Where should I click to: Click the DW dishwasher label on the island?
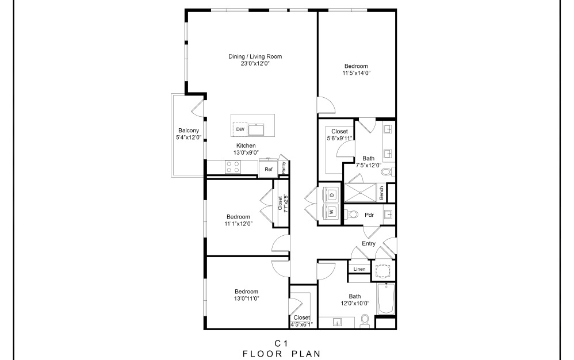240,129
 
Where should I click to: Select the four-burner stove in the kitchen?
233,167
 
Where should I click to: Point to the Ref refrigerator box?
268,169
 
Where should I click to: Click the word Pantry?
283,167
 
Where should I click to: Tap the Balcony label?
188,131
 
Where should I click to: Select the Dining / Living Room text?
255,56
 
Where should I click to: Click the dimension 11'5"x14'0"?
356,73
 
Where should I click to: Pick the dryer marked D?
331,195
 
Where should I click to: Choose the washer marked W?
331,212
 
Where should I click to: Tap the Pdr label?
369,215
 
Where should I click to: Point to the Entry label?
369,243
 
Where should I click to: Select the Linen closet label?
359,269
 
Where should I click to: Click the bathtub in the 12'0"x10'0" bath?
385,299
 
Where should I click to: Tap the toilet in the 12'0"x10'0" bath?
364,321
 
